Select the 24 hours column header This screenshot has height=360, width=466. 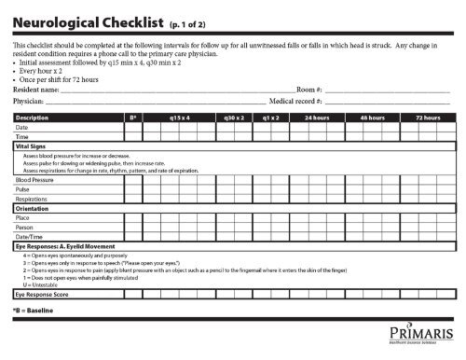[x=320, y=118]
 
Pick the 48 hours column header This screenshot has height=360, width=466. [x=374, y=118]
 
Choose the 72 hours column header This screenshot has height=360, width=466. [x=427, y=118]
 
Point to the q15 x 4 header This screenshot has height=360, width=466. [x=180, y=118]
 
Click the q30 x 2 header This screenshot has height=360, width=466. [x=233, y=118]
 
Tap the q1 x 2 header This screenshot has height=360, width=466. [x=272, y=118]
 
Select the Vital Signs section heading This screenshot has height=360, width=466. [x=31, y=147]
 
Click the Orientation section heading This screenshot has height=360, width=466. [x=31, y=208]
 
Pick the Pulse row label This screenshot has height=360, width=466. [x=24, y=188]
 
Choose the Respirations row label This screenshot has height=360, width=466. [x=34, y=199]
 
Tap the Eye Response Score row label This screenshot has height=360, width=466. [x=44, y=294]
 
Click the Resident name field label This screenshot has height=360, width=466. [x=37, y=89]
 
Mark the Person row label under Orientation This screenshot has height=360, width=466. [x=25, y=228]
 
